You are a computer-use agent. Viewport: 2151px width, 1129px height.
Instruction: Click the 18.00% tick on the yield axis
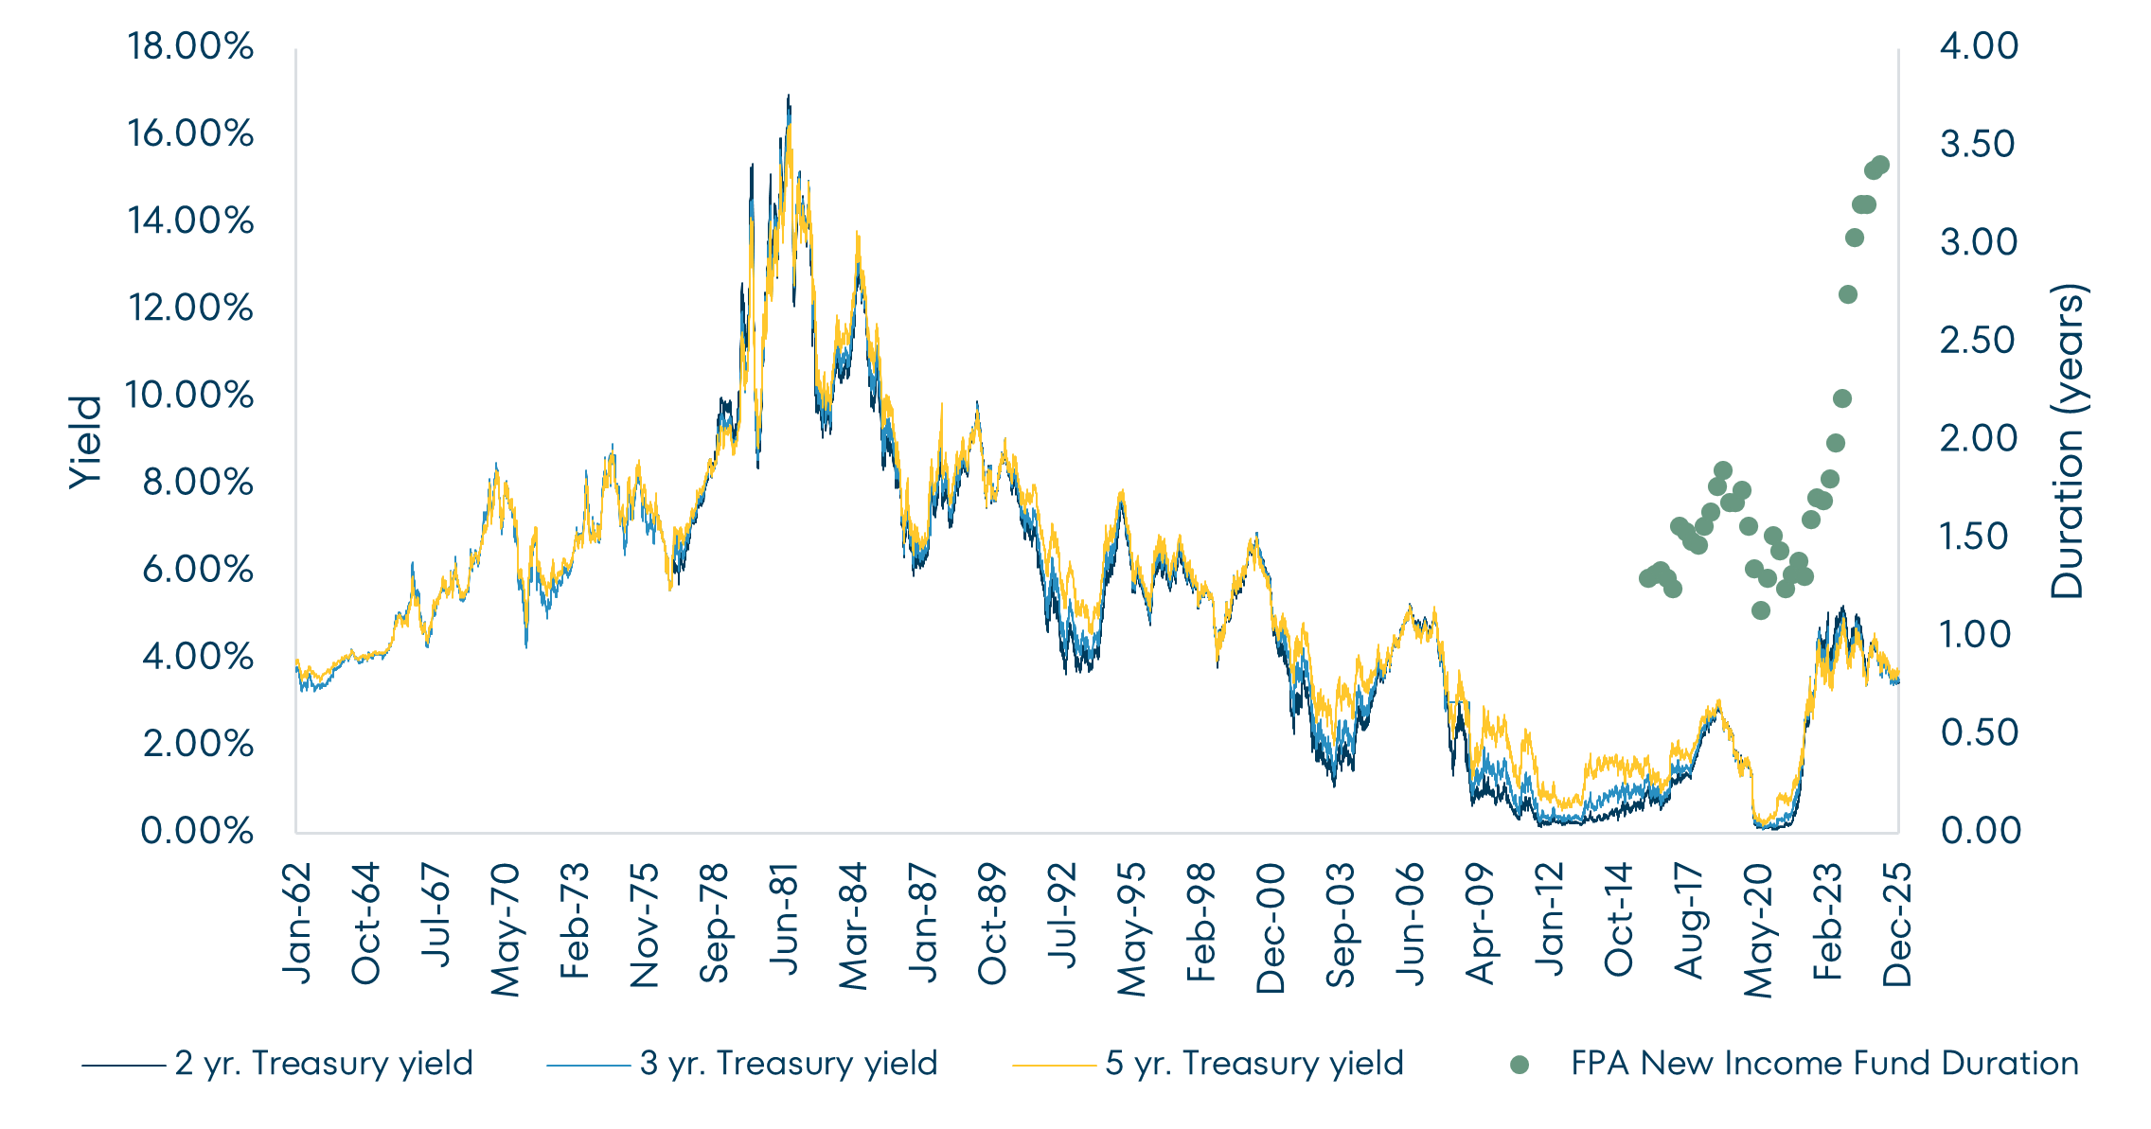pyautogui.click(x=190, y=46)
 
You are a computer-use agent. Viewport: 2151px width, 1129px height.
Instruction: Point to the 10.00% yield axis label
pyautogui.click(x=189, y=395)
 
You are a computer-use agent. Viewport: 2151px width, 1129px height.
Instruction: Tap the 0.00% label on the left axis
pyautogui.click(x=197, y=831)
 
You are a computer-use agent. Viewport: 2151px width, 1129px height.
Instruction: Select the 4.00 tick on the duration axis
pyautogui.click(x=1979, y=46)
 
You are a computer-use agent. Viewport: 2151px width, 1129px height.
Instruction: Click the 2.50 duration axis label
pyautogui.click(x=1979, y=341)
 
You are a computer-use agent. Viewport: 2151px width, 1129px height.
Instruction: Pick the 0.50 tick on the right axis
pyautogui.click(x=1979, y=732)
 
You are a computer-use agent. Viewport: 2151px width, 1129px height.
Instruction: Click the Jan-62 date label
pyautogui.click(x=299, y=923)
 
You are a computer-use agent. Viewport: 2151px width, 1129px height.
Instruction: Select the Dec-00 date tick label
pyautogui.click(x=1271, y=927)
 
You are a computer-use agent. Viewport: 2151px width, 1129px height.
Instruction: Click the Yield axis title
pyautogui.click(x=86, y=442)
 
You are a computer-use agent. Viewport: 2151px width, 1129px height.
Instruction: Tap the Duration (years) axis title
pyautogui.click(x=2068, y=442)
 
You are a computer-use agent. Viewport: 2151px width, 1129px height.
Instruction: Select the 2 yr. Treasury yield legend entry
pyautogui.click(x=323, y=1064)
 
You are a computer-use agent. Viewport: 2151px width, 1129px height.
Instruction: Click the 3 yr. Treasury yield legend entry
pyautogui.click(x=788, y=1064)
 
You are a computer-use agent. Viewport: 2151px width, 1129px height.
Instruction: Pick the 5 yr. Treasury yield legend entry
pyautogui.click(x=1253, y=1064)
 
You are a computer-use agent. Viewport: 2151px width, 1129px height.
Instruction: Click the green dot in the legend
pyautogui.click(x=1520, y=1065)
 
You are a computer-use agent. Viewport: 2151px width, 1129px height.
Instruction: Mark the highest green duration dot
pyautogui.click(x=1880, y=165)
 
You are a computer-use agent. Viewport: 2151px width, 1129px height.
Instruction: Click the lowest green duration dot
pyautogui.click(x=1761, y=610)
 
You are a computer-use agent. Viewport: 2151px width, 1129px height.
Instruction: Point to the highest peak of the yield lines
pyautogui.click(x=789, y=97)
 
